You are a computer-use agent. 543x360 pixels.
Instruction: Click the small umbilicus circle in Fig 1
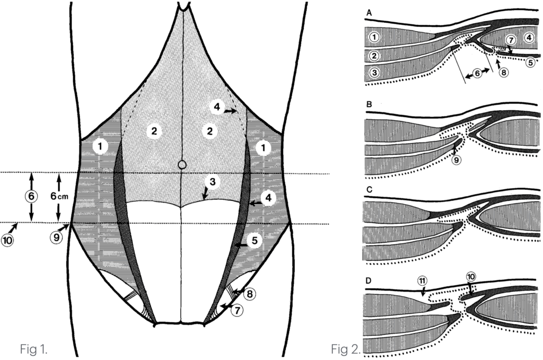click(182, 164)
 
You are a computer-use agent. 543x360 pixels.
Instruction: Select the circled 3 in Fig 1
click(212, 182)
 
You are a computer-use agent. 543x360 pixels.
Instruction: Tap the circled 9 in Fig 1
click(56, 238)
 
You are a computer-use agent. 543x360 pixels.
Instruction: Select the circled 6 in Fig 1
click(31, 196)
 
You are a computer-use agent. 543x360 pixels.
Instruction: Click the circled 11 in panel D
click(422, 280)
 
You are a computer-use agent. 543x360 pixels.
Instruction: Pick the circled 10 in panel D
click(471, 277)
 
